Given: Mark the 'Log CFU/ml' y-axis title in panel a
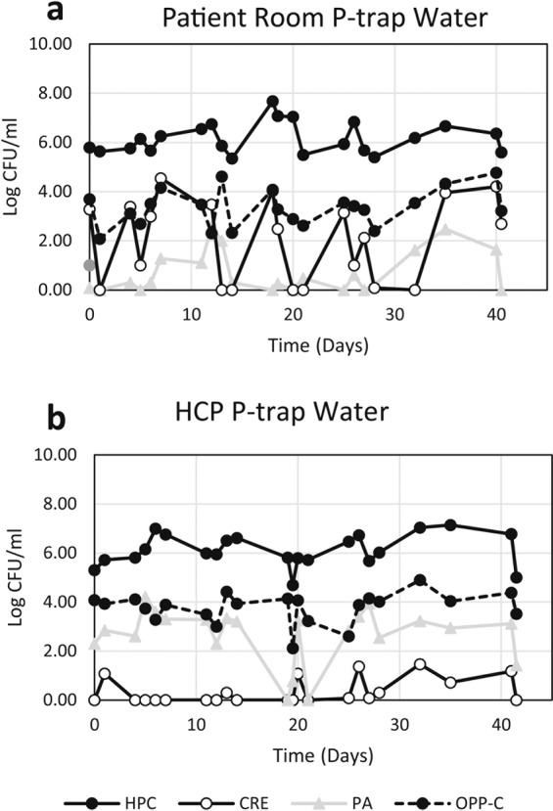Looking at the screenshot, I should (13, 166).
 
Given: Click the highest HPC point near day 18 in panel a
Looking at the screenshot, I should (273, 102).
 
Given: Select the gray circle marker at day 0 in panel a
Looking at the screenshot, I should (90, 265).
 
